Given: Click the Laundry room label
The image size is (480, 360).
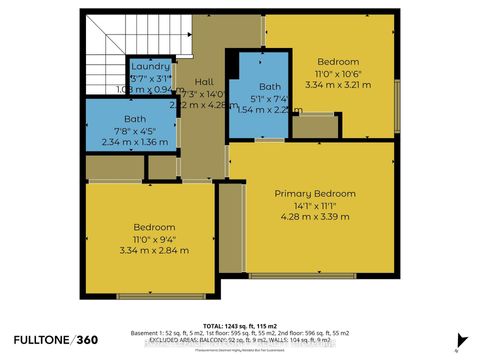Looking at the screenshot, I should coord(150,67).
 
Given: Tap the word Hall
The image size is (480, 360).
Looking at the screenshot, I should coord(204,82).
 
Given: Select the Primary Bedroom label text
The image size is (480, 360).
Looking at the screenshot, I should coord(315,193).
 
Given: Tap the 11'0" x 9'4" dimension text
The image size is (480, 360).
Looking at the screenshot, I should coord(147,240).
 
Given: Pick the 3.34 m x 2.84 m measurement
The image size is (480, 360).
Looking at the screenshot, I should coord(147,252).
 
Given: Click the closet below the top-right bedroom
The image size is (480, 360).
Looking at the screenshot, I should coord(314,126).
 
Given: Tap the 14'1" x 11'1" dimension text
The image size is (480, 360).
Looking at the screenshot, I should coord(315,206).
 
